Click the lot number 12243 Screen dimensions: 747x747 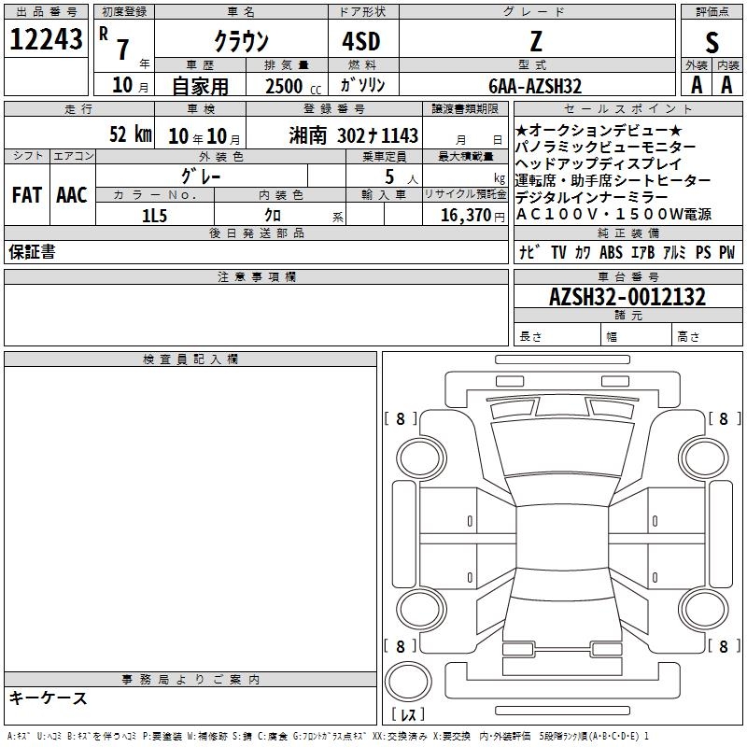(x=46, y=39)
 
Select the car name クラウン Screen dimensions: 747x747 (x=242, y=41)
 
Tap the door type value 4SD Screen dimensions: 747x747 (x=361, y=41)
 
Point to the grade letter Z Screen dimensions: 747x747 (x=536, y=41)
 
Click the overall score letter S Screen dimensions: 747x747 (x=712, y=42)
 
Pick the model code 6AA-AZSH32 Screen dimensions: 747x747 (x=535, y=86)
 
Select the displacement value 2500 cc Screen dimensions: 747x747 (x=293, y=86)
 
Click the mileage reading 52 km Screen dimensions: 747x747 (x=131, y=134)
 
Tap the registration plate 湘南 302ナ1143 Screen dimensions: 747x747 (x=354, y=135)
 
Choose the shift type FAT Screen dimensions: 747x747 (x=27, y=195)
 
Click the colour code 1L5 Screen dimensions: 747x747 (x=154, y=216)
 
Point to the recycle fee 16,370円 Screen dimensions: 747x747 (x=472, y=216)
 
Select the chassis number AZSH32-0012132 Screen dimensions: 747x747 (x=627, y=297)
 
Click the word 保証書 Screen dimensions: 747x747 (x=32, y=252)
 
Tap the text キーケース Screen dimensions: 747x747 (x=49, y=698)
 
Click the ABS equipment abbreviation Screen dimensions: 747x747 (x=611, y=252)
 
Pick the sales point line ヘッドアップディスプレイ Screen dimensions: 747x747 (x=599, y=164)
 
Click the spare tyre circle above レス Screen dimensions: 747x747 (x=408, y=682)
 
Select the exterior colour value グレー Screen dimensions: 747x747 (x=201, y=176)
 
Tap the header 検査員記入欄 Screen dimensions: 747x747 (x=190, y=359)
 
